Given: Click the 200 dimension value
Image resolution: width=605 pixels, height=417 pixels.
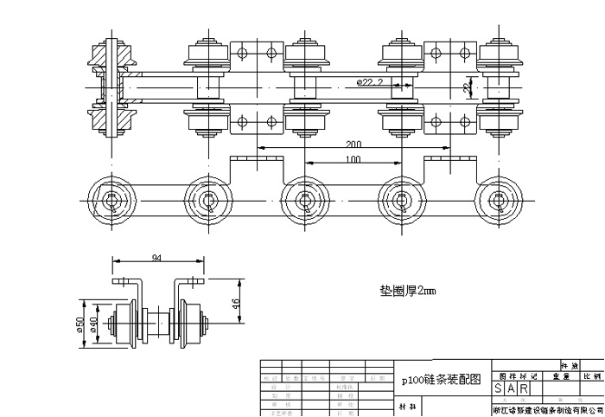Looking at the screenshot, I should (x=353, y=146).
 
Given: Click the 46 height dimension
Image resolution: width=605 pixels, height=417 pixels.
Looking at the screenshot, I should (x=235, y=303).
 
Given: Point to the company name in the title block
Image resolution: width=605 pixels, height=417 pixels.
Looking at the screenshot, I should (x=546, y=409).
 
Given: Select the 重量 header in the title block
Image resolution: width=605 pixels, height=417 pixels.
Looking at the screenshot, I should (x=553, y=377).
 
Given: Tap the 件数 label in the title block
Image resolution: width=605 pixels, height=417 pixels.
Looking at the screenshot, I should (x=571, y=366).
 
